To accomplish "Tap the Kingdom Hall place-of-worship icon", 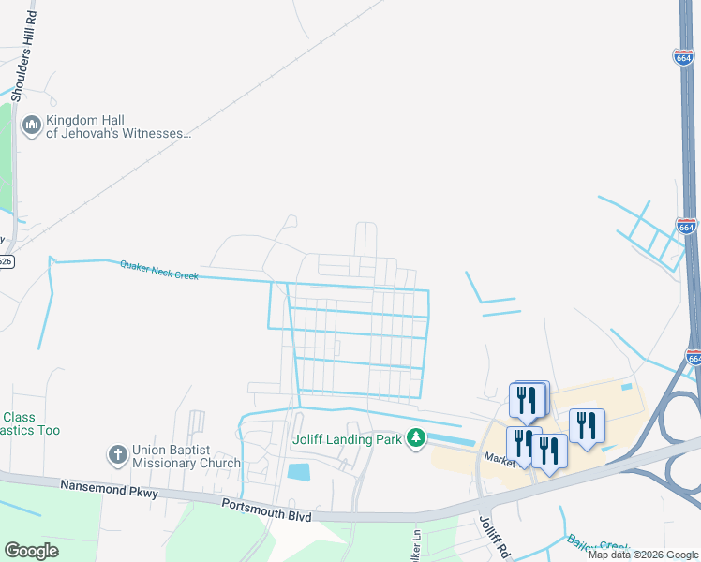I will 31,126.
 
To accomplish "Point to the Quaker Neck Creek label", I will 158,270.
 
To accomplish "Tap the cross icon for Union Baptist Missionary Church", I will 117,455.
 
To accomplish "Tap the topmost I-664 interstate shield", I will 683,58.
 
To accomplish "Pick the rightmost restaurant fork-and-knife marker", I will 587,425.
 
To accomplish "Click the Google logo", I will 31,551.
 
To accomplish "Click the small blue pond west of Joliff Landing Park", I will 299,472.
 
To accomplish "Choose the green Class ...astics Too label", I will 30,423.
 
